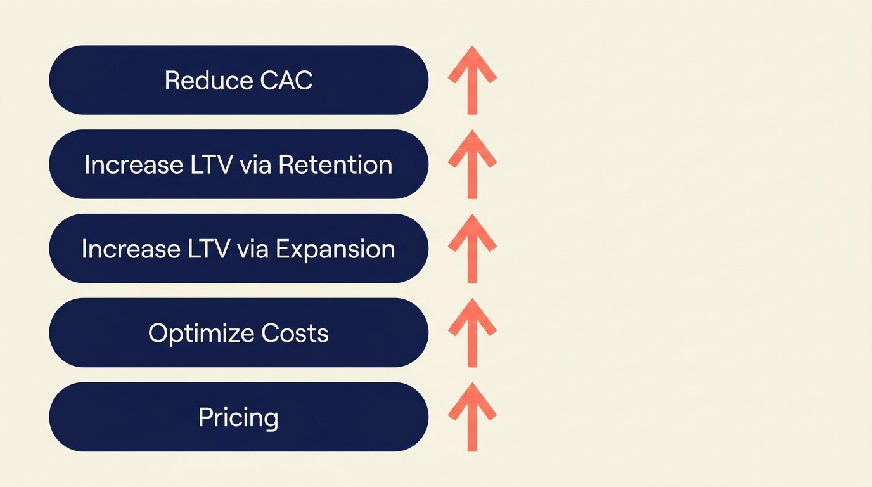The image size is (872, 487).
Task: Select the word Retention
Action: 335,165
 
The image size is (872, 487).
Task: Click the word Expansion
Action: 336,249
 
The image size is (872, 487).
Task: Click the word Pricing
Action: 238,418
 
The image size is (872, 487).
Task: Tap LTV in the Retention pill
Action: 210,165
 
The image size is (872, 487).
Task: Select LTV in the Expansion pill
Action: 208,249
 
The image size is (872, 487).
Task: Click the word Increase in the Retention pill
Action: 134,165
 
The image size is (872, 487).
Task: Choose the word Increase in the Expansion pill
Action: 131,249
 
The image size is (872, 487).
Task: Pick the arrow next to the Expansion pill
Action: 472,248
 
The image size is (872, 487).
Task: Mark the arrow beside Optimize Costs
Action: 472,332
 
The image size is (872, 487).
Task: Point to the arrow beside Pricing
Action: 472,417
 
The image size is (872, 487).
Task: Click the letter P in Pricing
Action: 205,417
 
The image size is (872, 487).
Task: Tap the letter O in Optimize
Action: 157,334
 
